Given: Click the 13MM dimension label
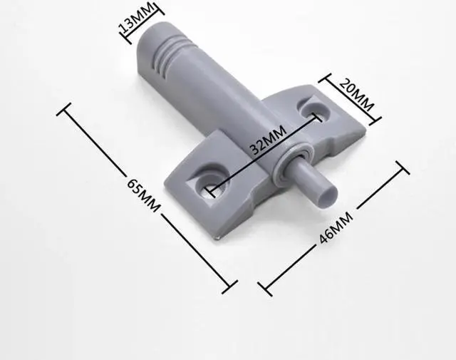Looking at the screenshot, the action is tap(136, 18).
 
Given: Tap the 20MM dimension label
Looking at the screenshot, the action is tap(356, 95).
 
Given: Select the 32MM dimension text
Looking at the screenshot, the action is tap(269, 139).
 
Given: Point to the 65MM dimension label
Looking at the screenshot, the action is tap(143, 195).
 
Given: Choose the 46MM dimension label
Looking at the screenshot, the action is tap(336, 227).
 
